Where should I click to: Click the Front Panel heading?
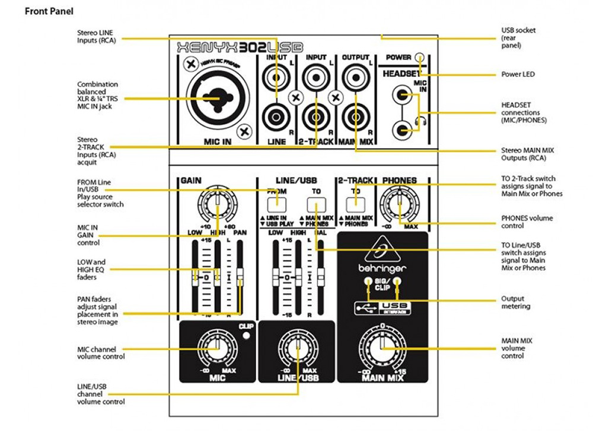pos(49,11)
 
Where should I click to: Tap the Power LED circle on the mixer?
pos(420,57)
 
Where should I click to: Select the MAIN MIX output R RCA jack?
pos(355,113)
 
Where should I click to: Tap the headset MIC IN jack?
pos(404,94)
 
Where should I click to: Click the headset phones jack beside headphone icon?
pos(404,128)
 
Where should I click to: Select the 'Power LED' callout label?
pos(518,75)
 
